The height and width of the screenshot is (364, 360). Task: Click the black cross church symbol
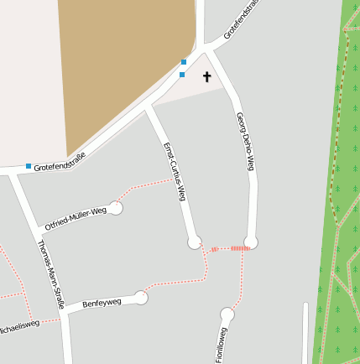coord(207,78)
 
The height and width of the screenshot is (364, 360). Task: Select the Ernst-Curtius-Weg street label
coord(174,172)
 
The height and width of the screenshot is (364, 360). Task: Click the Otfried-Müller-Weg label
coord(76,216)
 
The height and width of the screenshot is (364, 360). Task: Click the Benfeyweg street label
coord(102,303)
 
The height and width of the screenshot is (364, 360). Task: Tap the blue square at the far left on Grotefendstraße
coord(29,166)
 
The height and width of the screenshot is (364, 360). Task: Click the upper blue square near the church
coord(184,62)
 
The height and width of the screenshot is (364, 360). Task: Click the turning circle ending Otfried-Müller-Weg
coord(116,208)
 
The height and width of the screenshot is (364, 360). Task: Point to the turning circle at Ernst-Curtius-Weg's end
coord(195,243)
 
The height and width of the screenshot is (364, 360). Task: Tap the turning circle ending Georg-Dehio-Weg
coord(251,242)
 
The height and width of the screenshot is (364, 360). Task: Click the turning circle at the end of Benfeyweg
coord(141,298)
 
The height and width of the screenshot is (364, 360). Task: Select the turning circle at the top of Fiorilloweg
coord(227,315)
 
